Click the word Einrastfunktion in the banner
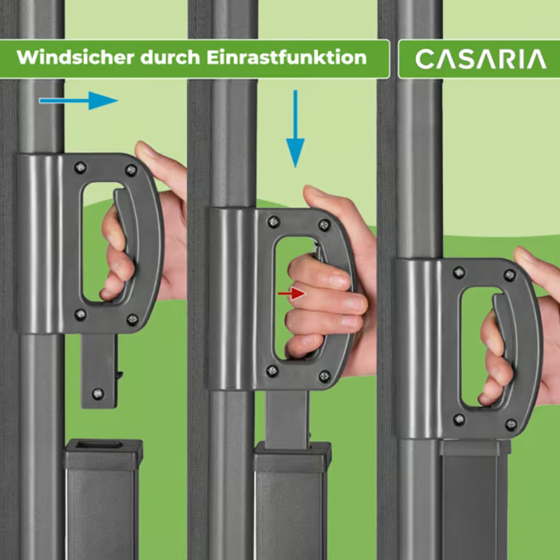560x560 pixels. pos(286,57)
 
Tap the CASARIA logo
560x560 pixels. pos(481,59)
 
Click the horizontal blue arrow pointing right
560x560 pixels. pos(78,100)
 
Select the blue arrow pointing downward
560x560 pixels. pos(295,129)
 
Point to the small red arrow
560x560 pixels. pos(292,293)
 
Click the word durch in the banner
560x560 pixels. pos(170,57)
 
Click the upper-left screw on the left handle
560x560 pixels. pos(80,167)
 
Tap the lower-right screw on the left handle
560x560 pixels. pos(132,319)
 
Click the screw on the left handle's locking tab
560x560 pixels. pos(97,393)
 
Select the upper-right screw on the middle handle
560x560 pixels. pos(324,225)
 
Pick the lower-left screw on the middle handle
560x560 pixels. pos(272,371)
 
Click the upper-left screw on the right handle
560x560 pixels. pos(459,272)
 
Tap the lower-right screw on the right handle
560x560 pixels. pos(511,425)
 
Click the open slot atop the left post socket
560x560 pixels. pos(99,444)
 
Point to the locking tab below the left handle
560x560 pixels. pos(99,371)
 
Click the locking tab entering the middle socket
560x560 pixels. pos(287,420)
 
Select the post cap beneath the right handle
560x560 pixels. pos(475,447)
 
